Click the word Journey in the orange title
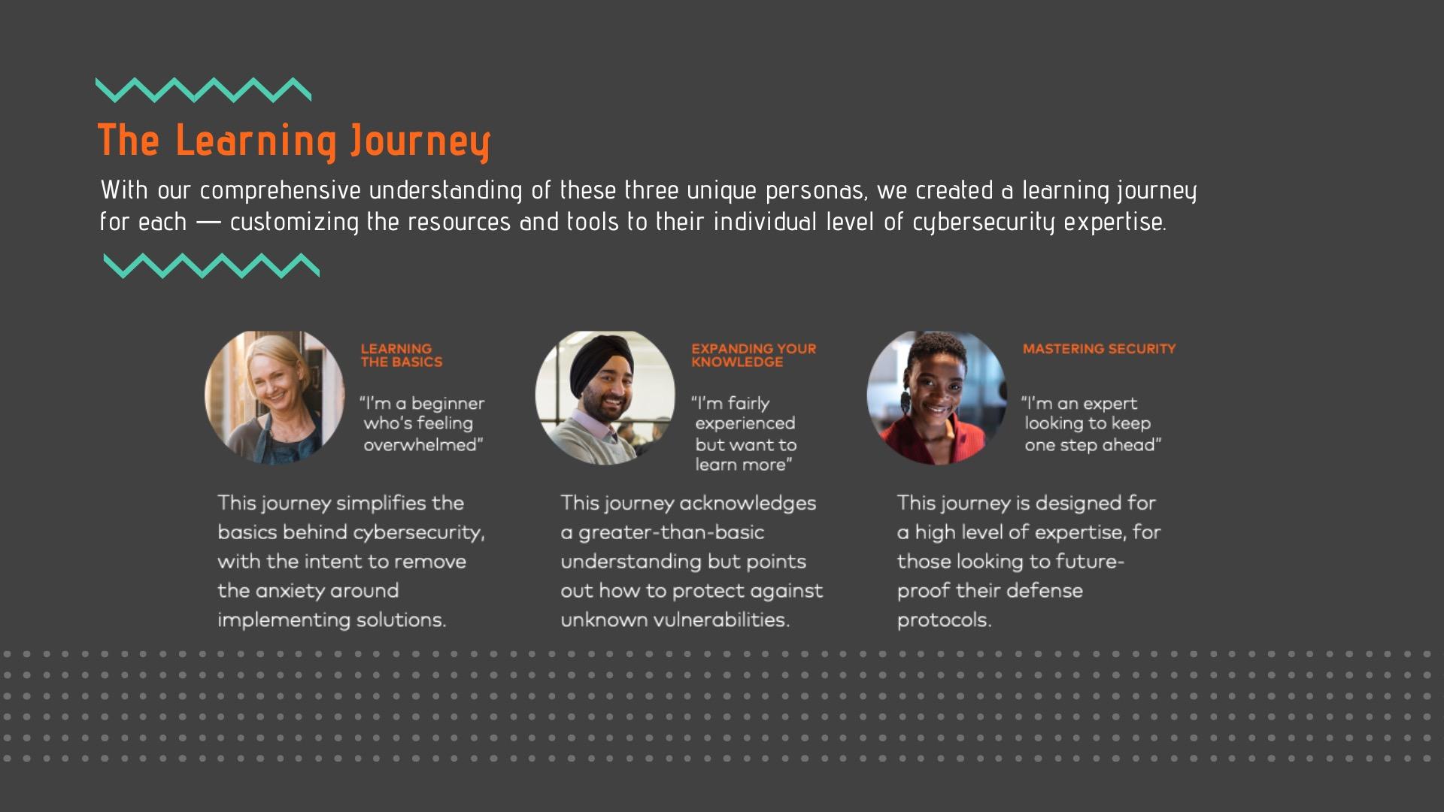[x=420, y=141]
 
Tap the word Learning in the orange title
[x=256, y=141]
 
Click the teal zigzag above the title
[x=204, y=89]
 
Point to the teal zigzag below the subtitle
[x=211, y=265]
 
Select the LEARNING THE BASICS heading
[x=402, y=355]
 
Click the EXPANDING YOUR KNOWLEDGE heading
[x=754, y=355]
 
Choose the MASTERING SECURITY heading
[x=1099, y=349]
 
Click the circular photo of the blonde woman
[x=275, y=397]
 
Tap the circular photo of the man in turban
[x=605, y=397]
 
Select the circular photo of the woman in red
[x=936, y=397]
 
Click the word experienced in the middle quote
[x=745, y=424]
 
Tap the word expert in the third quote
[x=1109, y=404]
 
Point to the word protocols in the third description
[x=945, y=621]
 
